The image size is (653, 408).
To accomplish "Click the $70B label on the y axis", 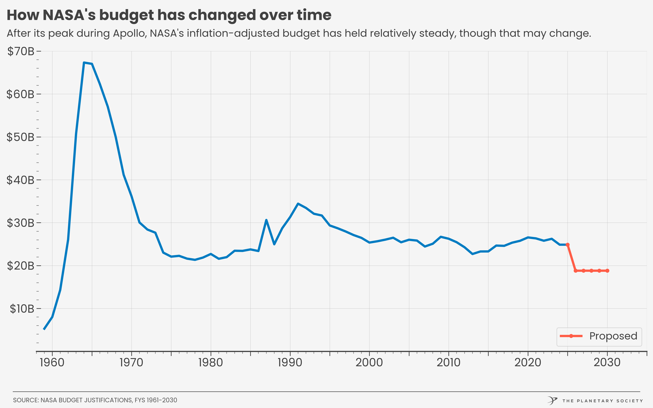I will (x=21, y=51).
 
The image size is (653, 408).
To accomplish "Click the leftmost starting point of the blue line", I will (x=44, y=329).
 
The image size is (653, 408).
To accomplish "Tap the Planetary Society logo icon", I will (x=552, y=400).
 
